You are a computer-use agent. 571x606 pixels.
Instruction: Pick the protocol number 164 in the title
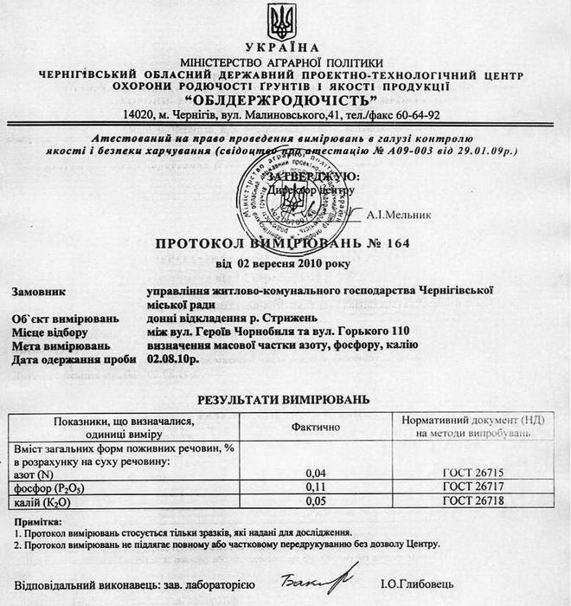tap(398, 245)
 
